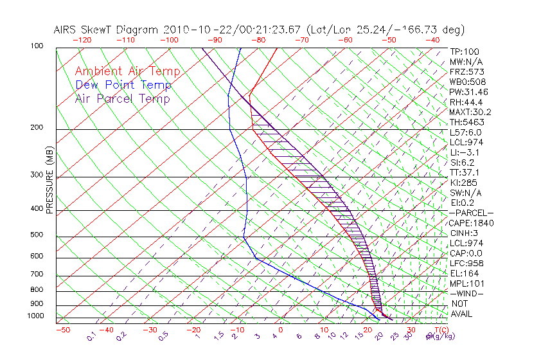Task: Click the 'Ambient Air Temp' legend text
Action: [127, 71]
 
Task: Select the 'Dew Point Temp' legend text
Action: [123, 85]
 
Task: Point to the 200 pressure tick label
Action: [37, 127]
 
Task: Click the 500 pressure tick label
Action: [37, 235]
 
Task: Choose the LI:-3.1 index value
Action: [464, 152]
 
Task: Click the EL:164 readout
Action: [463, 273]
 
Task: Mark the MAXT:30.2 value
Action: [470, 112]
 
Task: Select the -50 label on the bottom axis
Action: [62, 330]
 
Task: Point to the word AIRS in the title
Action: [67, 30]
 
